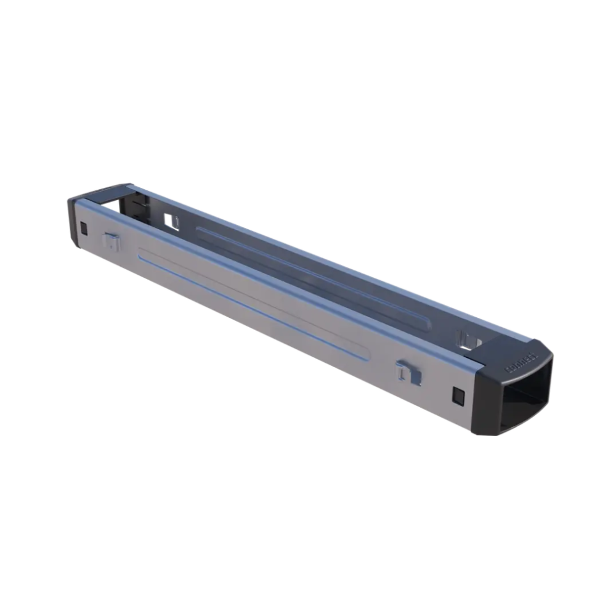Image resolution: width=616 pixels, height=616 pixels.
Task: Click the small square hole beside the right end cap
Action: [x=458, y=394]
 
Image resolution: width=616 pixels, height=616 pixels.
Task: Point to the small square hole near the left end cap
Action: [x=84, y=229]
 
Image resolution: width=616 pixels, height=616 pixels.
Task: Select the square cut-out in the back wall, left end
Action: [x=171, y=221]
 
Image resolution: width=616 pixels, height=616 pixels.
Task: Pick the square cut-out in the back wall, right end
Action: [x=468, y=339]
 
